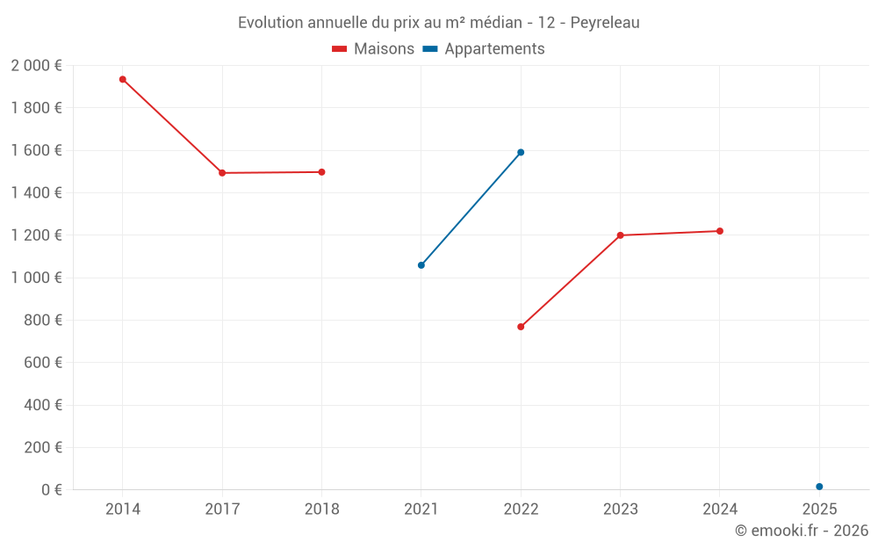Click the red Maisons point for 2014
click(123, 80)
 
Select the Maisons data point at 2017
click(222, 173)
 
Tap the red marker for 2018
click(321, 172)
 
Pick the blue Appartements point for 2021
click(421, 265)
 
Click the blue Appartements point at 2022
click(521, 153)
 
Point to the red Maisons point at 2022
click(521, 327)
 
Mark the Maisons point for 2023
click(620, 235)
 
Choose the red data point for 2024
click(720, 231)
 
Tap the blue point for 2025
click(819, 487)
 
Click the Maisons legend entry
click(373, 49)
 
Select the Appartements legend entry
click(484, 49)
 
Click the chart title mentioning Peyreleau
click(439, 23)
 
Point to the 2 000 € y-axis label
click(37, 66)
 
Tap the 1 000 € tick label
click(37, 278)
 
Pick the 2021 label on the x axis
click(421, 509)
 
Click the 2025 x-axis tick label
click(819, 509)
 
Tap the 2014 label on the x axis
click(123, 509)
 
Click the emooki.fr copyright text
click(802, 531)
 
